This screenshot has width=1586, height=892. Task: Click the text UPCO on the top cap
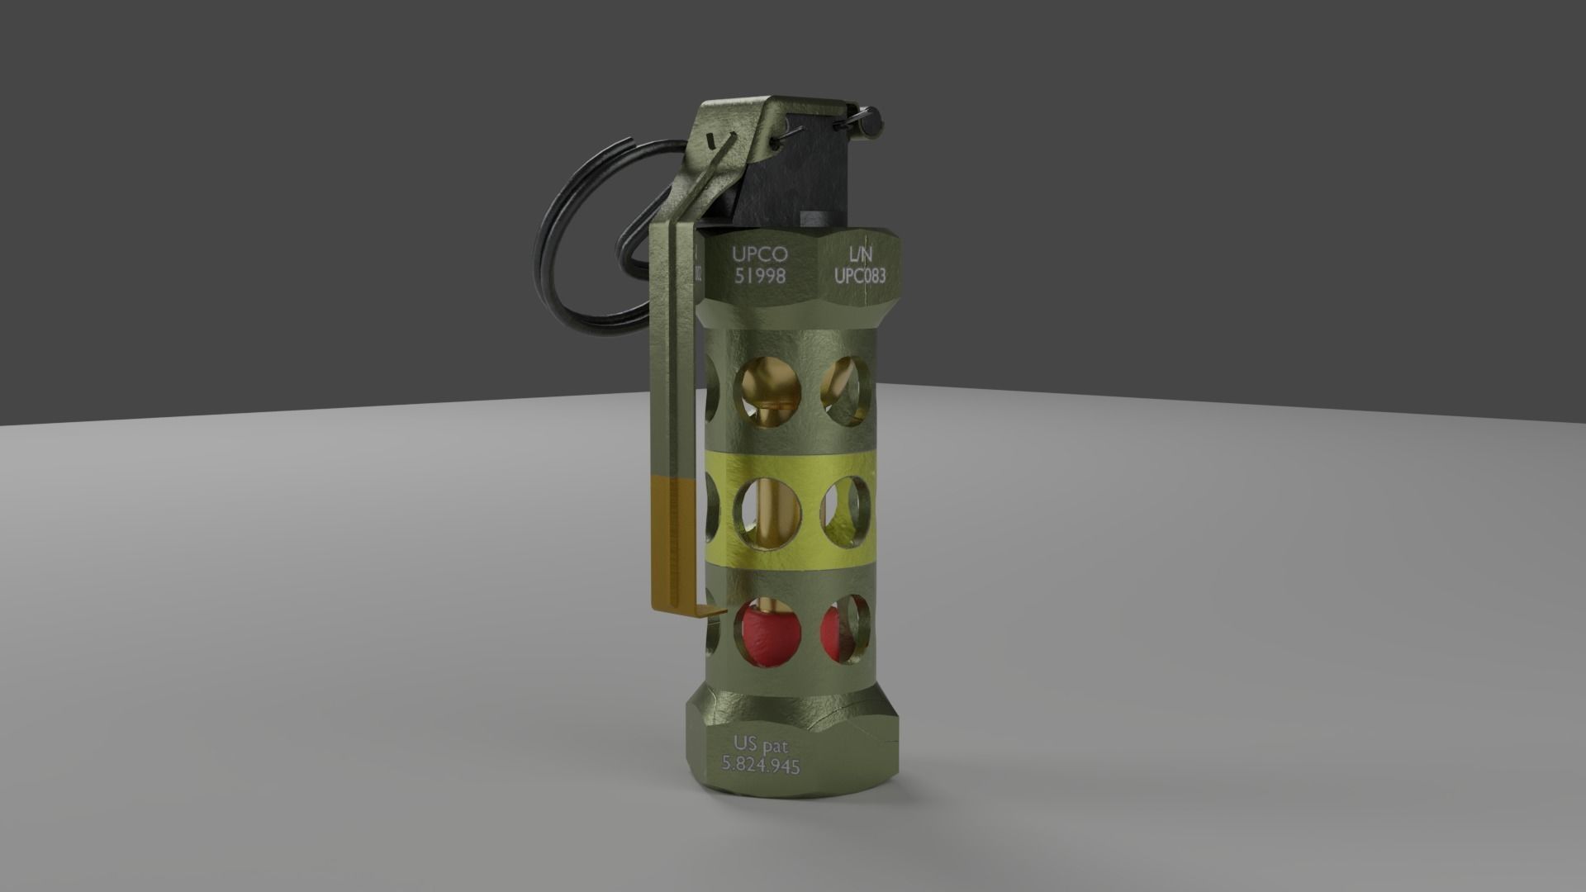click(760, 254)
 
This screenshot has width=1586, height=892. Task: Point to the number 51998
click(760, 276)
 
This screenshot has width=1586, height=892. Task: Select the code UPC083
click(859, 275)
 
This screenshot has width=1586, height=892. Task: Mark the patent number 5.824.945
click(761, 765)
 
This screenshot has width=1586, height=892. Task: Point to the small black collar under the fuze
click(819, 219)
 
